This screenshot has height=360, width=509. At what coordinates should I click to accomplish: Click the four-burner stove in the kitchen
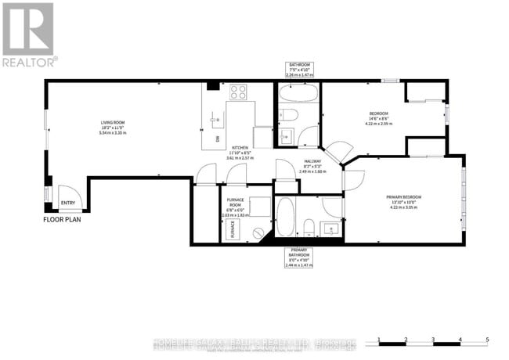pyautogui.click(x=240, y=91)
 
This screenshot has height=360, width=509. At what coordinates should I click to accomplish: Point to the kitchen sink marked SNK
pyautogui.click(x=217, y=129)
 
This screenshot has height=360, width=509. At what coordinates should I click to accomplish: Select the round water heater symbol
pyautogui.click(x=256, y=232)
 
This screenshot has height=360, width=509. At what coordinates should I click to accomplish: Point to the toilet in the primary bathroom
pyautogui.click(x=309, y=228)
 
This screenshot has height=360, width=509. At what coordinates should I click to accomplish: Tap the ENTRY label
pyautogui.click(x=70, y=204)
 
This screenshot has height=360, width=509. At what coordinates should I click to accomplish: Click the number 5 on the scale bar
pyautogui.click(x=487, y=339)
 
